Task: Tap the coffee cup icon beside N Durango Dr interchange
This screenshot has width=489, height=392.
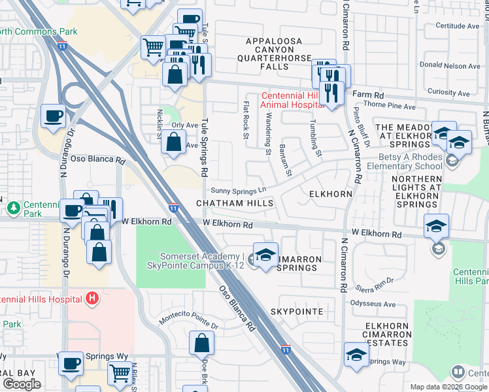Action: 54,117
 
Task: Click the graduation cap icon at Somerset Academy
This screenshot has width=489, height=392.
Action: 265,255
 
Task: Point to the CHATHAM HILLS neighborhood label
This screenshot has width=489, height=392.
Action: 235,204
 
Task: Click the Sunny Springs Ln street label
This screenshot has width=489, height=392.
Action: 239,190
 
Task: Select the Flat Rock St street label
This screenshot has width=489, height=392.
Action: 246,121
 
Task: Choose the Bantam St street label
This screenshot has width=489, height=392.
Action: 284,160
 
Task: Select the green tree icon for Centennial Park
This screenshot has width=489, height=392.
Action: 13,208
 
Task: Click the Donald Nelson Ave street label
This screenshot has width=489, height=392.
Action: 450,66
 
